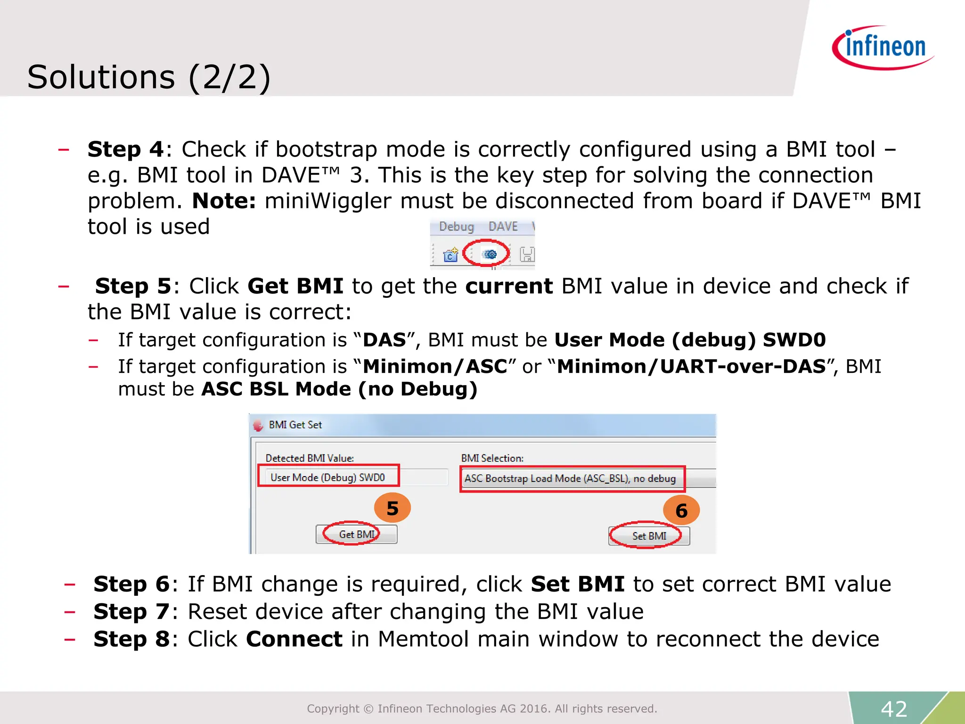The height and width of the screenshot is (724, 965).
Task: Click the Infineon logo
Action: tap(883, 47)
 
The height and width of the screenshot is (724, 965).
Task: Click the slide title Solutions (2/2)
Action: tap(149, 77)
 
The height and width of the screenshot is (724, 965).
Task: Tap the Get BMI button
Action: tap(356, 535)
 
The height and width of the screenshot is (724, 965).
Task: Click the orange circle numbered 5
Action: tap(392, 508)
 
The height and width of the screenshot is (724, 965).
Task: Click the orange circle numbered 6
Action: tap(681, 510)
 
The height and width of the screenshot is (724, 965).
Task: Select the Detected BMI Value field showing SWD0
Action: tap(328, 477)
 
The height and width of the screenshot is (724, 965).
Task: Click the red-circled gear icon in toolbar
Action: tap(490, 255)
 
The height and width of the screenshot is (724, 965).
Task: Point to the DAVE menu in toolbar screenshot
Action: tap(503, 227)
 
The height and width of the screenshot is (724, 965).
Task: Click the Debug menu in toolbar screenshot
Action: tap(456, 227)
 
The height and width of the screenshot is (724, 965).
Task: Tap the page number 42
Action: tap(894, 709)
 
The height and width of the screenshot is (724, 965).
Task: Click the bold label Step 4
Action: tap(125, 149)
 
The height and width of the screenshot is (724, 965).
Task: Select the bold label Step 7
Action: tap(131, 612)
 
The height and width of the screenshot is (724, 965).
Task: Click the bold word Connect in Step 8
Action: tap(294, 639)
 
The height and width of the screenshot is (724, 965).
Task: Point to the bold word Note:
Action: tap(224, 201)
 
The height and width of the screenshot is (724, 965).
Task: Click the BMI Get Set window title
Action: tap(295, 425)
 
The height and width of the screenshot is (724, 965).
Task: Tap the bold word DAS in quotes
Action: tap(384, 340)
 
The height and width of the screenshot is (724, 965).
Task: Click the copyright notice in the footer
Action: tap(482, 709)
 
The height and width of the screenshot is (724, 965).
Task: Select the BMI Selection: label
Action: tap(492, 458)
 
